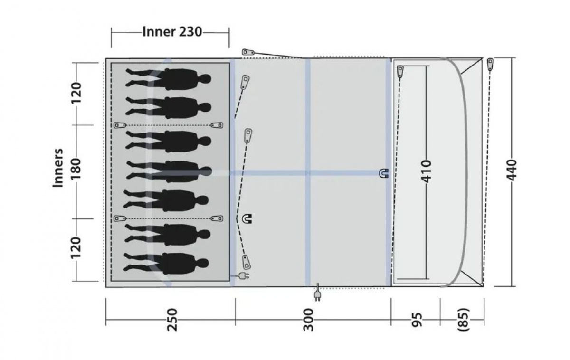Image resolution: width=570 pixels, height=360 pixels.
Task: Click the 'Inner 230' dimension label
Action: pos(172,32)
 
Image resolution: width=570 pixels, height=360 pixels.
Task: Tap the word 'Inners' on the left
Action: pos(58,168)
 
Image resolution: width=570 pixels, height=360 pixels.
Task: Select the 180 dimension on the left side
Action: pos(76,169)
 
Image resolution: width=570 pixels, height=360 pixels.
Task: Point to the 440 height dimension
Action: pos(512,170)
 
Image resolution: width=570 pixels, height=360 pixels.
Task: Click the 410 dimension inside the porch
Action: pos(427,171)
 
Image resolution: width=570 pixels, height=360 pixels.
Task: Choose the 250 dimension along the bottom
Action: pos(172,320)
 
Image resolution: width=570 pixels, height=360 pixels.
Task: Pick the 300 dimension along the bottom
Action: pos(308,320)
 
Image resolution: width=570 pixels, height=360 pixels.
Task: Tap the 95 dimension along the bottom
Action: pos(416,320)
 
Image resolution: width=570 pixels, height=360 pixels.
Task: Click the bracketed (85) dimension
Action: pos(463,320)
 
